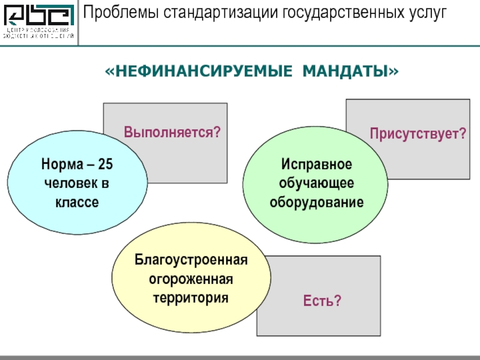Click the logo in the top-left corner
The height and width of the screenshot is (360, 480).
coord(39,23)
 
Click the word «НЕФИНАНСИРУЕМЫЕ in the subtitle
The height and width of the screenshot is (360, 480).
coord(196,72)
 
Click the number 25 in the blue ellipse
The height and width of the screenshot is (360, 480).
coord(106,164)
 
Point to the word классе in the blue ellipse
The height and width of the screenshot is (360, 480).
coord(77,202)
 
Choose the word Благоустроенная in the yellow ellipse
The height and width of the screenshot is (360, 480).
coord(191,260)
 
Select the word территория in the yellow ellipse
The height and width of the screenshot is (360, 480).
coord(191,298)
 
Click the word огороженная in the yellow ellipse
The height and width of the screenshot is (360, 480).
coord(191,280)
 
